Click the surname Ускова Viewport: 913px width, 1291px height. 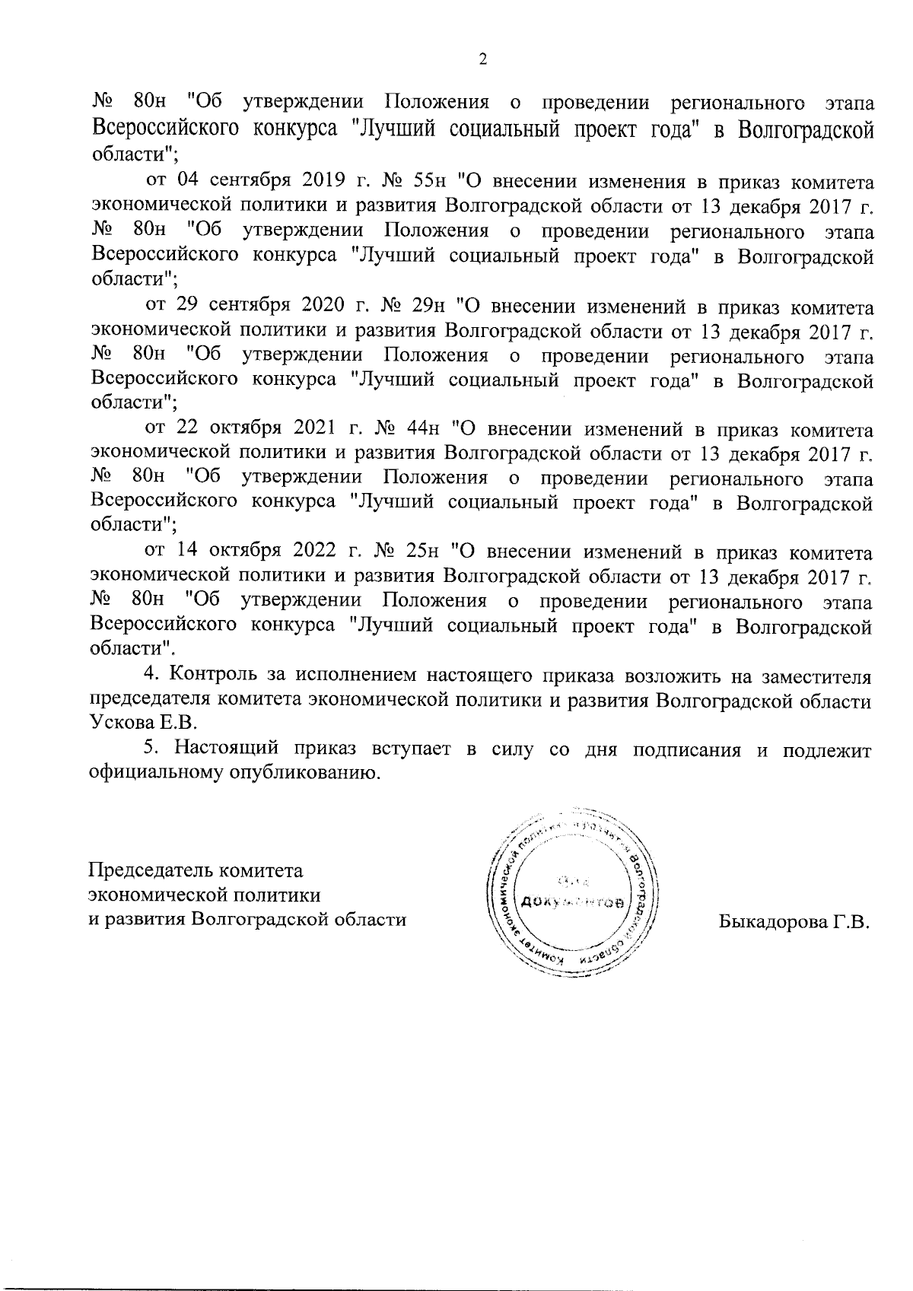(x=114, y=720)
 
